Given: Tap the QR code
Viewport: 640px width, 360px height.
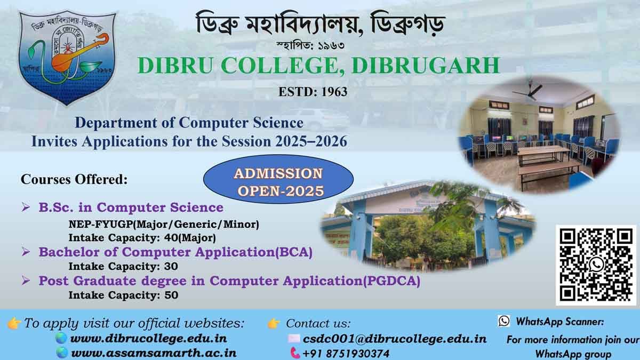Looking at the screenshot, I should pyautogui.click(x=596, y=265).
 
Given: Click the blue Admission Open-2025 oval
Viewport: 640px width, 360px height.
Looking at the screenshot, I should pyautogui.click(x=279, y=182).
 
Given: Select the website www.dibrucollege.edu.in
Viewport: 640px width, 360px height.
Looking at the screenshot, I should pyautogui.click(x=149, y=338).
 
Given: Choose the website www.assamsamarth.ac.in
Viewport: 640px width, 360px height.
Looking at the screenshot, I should pyautogui.click(x=154, y=353).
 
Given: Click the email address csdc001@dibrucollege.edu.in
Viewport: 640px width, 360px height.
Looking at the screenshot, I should pyautogui.click(x=394, y=338).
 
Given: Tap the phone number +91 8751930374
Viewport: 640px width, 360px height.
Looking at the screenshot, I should pyautogui.click(x=346, y=353).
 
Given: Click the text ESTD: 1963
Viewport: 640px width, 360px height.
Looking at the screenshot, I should pyautogui.click(x=313, y=92).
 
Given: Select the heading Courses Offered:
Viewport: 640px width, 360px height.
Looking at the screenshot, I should pyautogui.click(x=74, y=179).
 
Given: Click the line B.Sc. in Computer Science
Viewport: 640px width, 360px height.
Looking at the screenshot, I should pyautogui.click(x=131, y=207).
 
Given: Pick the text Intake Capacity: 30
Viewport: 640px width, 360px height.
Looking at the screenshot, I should pyautogui.click(x=123, y=266).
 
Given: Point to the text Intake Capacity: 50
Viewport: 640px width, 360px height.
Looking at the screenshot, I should pyautogui.click(x=123, y=294).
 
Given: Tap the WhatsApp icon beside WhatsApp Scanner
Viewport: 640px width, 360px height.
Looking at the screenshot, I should pyautogui.click(x=503, y=321).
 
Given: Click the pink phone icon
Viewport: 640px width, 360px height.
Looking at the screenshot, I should pyautogui.click(x=295, y=353).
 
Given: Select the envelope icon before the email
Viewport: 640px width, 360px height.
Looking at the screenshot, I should pyautogui.click(x=294, y=338).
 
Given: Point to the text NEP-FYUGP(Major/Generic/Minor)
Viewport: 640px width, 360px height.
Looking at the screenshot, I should pyautogui.click(x=164, y=224).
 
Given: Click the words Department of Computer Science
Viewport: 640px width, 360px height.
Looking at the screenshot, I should pyautogui.click(x=189, y=123).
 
